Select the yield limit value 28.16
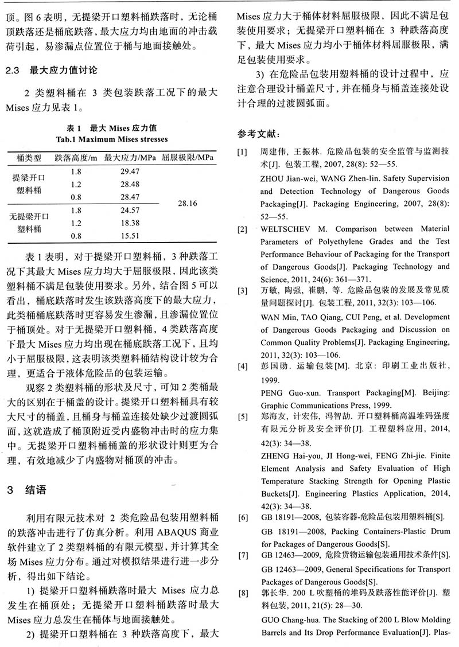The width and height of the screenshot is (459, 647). point(188,203)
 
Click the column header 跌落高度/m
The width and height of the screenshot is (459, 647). point(76,157)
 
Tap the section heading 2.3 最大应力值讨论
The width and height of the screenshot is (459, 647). point(51,71)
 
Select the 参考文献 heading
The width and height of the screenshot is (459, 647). point(258,134)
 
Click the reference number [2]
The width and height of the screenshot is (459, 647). point(244,229)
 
